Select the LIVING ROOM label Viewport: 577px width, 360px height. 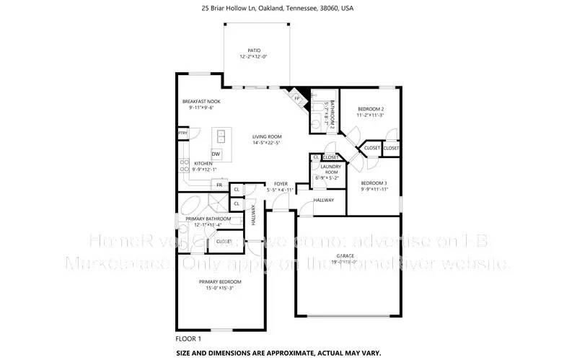coord(267,136)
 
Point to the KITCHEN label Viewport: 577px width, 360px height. coord(203,163)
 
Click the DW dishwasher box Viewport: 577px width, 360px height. coord(216,154)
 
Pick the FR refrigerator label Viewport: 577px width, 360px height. coord(219,185)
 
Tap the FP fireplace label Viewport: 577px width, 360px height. coord(295,97)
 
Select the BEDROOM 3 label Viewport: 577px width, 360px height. coord(374,183)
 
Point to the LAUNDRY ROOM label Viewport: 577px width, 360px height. coord(330,170)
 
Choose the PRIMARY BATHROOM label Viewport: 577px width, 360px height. coord(208,219)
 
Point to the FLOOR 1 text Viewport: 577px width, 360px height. coord(188,338)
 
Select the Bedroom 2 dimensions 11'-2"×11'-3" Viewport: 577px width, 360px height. coord(370,115)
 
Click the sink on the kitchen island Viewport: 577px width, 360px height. coord(221,135)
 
